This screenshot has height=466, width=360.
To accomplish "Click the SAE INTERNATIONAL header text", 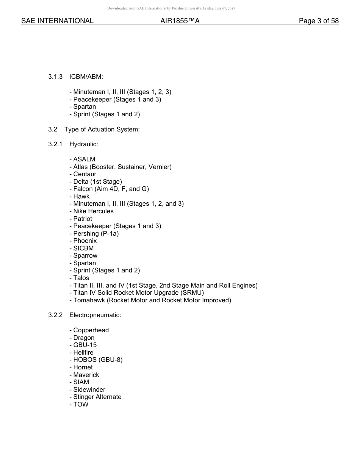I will pos(57,21).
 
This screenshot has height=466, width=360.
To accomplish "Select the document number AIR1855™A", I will pos(180,21).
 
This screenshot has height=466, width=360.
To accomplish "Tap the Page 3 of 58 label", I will pos(318,21).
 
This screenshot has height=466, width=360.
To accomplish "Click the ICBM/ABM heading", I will pos(86,77).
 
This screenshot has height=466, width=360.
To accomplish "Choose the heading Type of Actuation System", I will pos(102,130).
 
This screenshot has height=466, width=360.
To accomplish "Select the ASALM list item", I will pos(84,159).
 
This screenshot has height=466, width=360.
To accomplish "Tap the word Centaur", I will pos(85,174).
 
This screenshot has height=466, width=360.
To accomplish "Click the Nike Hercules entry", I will pos(93,211).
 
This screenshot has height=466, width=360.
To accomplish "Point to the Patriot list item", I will pos(83,219).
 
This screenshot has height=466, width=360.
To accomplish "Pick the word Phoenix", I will pos(85,241).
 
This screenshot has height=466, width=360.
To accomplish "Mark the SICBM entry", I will pos(83,248).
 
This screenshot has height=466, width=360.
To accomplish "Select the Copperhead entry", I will pos(91,330).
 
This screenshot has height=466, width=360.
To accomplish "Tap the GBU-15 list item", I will pos(85,345).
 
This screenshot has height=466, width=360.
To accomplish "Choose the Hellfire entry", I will pos(83,352).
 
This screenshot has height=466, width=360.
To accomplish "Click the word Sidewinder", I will pos(89,389).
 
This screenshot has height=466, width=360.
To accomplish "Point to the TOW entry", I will pos(81,404).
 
